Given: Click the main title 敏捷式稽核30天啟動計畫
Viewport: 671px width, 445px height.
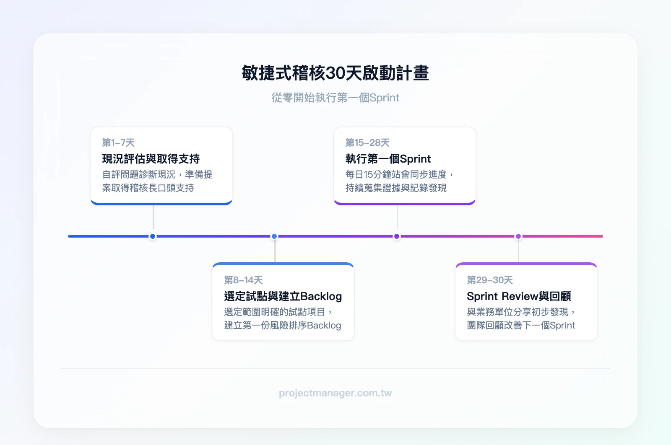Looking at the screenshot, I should point(335,73).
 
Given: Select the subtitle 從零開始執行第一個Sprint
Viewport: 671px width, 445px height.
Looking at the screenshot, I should point(335,98).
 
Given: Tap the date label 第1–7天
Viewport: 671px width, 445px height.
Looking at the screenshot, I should point(118,143).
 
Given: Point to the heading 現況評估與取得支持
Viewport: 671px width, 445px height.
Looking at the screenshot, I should point(151,159).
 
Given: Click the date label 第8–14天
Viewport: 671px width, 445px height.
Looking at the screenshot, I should point(243,280).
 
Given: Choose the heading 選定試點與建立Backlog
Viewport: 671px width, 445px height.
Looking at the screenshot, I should point(283,296).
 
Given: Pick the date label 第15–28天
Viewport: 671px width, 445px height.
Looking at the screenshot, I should point(367,143).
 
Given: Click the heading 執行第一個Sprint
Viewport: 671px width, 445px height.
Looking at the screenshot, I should point(388,159).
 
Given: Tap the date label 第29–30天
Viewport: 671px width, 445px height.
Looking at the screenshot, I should point(490,280).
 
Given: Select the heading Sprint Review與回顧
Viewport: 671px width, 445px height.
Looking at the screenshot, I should point(519,296).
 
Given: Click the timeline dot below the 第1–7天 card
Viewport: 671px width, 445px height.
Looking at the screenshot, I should point(153,236).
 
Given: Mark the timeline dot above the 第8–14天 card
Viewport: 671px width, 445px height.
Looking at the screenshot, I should point(274,236).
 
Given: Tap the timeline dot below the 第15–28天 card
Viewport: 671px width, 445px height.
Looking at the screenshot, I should point(397,236).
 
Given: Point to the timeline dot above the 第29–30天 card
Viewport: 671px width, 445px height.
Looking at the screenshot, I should point(518,236).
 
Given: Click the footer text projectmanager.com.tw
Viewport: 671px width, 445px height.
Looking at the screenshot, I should point(335,393).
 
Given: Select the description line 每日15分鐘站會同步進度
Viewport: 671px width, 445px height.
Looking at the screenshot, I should point(396,174).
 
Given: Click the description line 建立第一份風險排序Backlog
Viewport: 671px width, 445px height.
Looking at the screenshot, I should point(283,326).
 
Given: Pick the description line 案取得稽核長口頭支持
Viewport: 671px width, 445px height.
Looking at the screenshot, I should point(148,188).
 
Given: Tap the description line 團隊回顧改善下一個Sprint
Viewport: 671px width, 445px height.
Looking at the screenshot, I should point(521,326).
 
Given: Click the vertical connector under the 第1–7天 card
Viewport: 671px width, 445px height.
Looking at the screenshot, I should point(153,217).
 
